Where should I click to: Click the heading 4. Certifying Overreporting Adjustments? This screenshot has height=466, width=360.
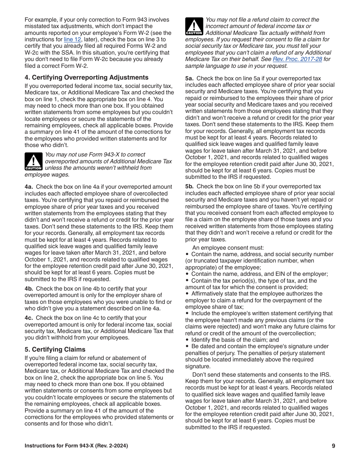point(86,77)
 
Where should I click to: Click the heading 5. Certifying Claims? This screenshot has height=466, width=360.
point(55,349)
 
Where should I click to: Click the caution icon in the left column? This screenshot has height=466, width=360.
point(33,161)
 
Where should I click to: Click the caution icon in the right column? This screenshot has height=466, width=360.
point(194,27)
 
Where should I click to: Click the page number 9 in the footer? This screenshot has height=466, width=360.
point(333,446)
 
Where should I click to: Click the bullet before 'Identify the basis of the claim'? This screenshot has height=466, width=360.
point(187,340)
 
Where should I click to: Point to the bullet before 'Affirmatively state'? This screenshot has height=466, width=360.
point(187,294)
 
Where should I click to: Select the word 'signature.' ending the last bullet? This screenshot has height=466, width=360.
point(197,366)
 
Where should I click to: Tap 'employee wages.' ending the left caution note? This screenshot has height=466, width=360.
point(47,175)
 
